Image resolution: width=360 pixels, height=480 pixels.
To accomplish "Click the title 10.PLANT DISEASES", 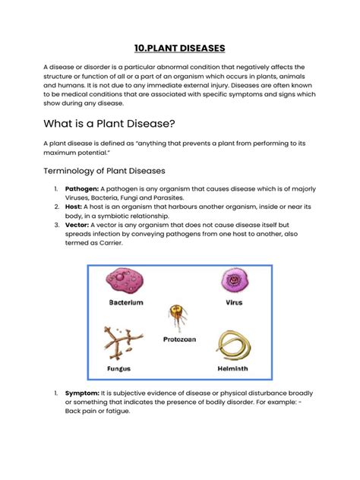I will (x=179, y=48).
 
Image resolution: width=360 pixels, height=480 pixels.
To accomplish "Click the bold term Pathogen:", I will (x=81, y=189).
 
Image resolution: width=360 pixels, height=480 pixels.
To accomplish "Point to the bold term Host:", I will (x=74, y=207).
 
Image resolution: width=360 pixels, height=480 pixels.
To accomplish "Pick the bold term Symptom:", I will (x=82, y=393).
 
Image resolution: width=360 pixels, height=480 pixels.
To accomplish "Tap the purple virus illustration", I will (x=233, y=281).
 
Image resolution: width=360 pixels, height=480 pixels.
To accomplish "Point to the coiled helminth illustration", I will (x=234, y=346).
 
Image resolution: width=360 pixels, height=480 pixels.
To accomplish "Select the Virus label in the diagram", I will (x=234, y=302).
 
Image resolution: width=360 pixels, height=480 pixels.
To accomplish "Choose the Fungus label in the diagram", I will (x=119, y=369).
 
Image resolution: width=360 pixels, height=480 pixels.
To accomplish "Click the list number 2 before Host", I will (x=56, y=207).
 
